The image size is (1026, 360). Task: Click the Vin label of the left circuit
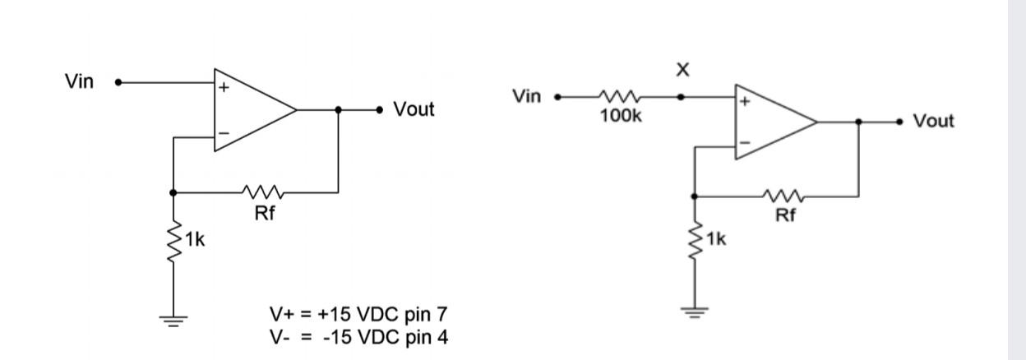click(79, 81)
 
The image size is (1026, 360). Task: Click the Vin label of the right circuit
click(526, 97)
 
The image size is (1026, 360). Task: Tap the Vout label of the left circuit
click(414, 109)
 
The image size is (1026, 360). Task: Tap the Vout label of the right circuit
click(934, 122)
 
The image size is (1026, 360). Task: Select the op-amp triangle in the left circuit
click(251, 110)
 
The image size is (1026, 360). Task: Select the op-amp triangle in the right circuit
click(771, 122)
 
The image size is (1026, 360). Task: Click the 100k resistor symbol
click(621, 96)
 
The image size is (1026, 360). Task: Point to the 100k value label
click(621, 116)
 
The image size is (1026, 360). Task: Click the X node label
click(682, 71)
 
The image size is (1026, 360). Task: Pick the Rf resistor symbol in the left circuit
click(264, 193)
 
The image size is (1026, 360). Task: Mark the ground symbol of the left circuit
click(173, 320)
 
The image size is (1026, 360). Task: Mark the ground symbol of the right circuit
click(696, 312)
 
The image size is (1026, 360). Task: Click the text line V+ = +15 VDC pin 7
click(358, 315)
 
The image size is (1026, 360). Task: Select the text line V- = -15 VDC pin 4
click(358, 336)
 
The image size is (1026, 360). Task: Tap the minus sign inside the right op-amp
click(745, 143)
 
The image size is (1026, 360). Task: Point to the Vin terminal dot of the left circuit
click(118, 82)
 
